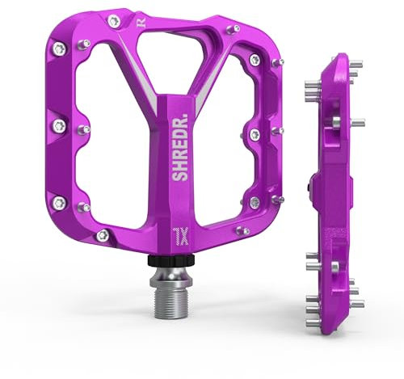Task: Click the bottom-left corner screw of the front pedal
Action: coord(59,202)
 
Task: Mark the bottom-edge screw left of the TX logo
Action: coord(102,234)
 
